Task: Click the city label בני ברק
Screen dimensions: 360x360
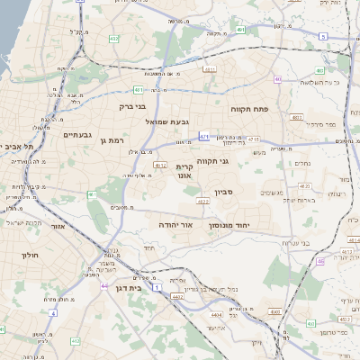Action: [112, 106]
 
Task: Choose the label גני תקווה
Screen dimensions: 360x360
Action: [236, 161]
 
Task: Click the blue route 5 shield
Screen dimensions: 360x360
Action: [322, 36]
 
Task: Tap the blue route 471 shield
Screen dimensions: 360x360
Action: [205, 137]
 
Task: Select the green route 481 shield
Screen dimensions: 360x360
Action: [139, 90]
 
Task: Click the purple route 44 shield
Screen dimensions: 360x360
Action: [104, 286]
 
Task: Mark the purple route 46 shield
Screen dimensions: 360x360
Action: [321, 262]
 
